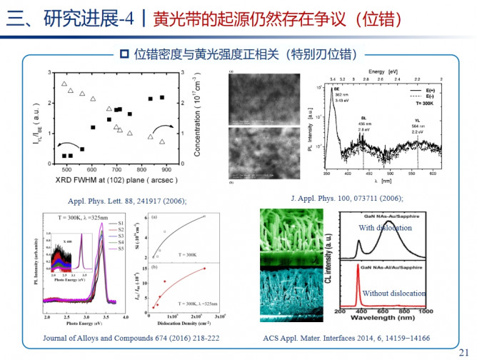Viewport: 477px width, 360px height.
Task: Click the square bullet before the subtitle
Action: (x=123, y=53)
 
